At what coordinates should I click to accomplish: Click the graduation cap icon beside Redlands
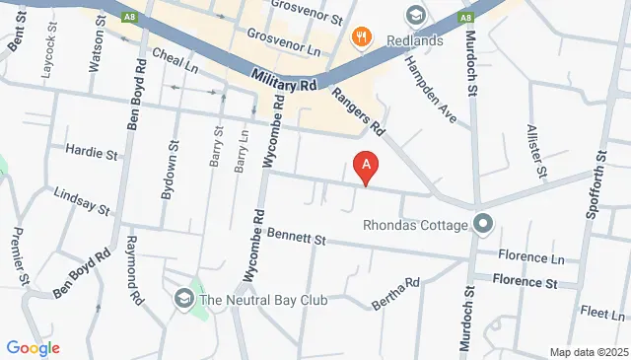pos(415,14)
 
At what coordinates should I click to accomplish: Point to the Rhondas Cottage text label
pos(415,225)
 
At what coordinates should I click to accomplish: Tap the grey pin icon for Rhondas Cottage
pos(482,224)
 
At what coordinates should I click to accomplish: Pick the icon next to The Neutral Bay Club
pos(183,298)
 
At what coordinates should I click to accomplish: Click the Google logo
pos(33,347)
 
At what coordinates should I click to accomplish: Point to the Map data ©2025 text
pos(588,352)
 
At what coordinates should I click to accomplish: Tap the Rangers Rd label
pos(359,111)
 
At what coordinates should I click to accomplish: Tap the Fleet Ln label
pos(596,314)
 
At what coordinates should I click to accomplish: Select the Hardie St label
pos(91,153)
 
